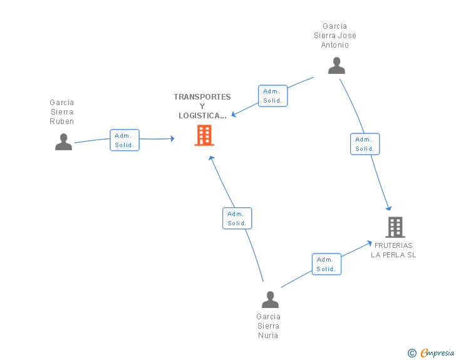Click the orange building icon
[x=204, y=135]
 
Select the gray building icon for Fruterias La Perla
[x=395, y=227]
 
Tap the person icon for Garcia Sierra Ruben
[x=63, y=141]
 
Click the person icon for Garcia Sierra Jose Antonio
[x=336, y=66]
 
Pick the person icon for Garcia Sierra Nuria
[x=270, y=299]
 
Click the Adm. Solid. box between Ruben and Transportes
[x=125, y=140]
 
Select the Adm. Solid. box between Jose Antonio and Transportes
[x=273, y=96]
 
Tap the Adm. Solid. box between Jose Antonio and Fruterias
[x=365, y=144]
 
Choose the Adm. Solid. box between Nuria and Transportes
[x=237, y=219]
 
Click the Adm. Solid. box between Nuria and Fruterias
[x=326, y=264]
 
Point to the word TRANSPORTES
[x=202, y=97]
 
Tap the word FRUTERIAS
[x=393, y=245]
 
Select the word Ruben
[x=61, y=121]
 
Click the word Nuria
[x=268, y=336]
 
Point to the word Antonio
[x=334, y=45]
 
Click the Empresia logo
[x=437, y=352]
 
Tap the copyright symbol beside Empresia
[x=412, y=353]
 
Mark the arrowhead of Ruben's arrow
[x=172, y=138]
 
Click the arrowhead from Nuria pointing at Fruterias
[x=370, y=243]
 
